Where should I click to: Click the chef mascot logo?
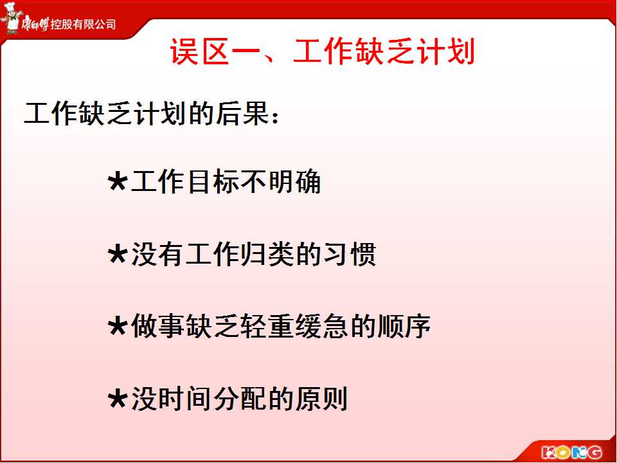tap(11, 17)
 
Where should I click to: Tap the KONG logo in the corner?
tap(571, 452)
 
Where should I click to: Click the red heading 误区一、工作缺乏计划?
tap(322, 51)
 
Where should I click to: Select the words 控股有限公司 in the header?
tap(83, 24)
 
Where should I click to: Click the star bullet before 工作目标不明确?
tap(118, 182)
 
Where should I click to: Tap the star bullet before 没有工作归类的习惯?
tap(118, 255)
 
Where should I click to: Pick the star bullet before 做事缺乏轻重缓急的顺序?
tap(118, 327)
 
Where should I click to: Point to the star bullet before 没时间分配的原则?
tap(118, 399)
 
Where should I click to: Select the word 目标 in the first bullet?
tap(213, 182)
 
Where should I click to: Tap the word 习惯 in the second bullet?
tap(350, 255)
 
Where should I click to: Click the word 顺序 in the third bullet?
tap(404, 327)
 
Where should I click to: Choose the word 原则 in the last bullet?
tap(321, 399)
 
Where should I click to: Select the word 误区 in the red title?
tap(200, 51)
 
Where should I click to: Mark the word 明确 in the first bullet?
tap(295, 182)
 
